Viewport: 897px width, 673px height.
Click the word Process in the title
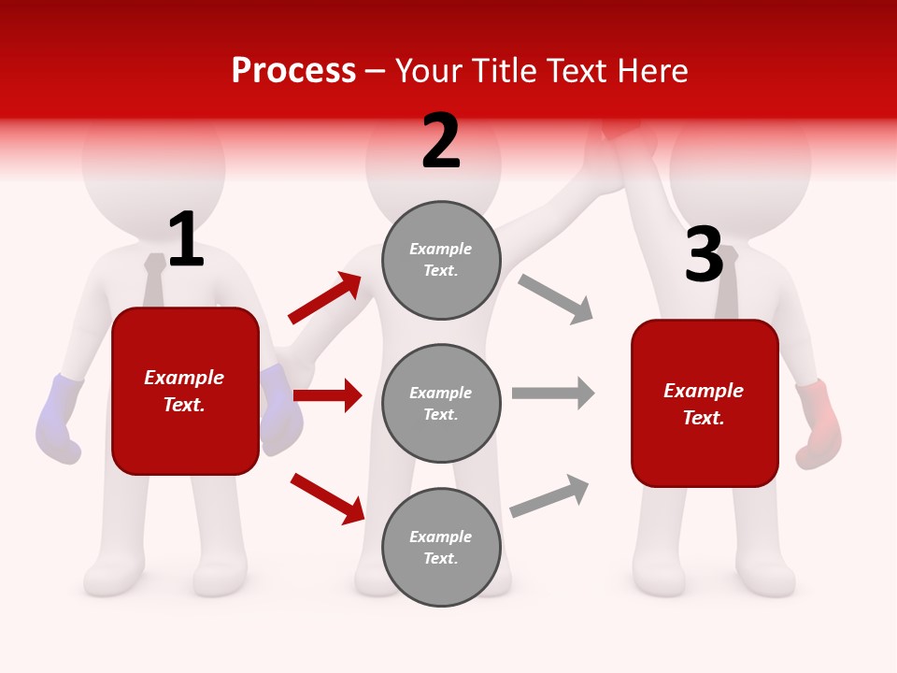point(293,71)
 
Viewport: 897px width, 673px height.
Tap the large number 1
point(185,240)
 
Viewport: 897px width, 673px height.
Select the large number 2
point(441,141)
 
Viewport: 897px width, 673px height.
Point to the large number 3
point(704,254)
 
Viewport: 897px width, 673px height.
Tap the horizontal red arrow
point(327,395)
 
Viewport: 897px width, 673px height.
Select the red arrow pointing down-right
point(327,498)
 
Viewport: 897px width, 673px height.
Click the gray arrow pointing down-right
point(555,299)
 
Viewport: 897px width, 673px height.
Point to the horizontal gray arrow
point(553,393)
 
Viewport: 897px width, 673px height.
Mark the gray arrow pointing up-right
point(549,496)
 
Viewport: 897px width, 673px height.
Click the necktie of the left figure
point(154,280)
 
